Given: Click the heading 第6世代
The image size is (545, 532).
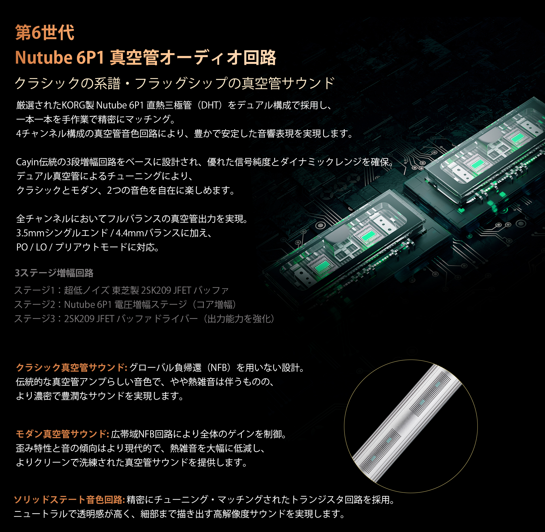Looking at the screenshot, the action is tap(45, 33).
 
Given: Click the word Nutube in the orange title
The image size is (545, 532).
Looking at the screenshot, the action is tap(44, 57).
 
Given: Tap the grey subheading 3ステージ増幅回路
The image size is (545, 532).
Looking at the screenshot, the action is tap(54, 273).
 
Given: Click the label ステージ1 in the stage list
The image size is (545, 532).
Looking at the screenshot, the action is tap(34, 290).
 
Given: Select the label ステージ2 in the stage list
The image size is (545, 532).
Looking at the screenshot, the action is tap(35, 304).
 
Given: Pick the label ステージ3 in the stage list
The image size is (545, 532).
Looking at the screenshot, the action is tap(35, 319).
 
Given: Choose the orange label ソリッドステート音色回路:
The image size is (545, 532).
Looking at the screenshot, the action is tap(69, 500).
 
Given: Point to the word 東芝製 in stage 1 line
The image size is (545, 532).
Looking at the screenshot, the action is tap(125, 290).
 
